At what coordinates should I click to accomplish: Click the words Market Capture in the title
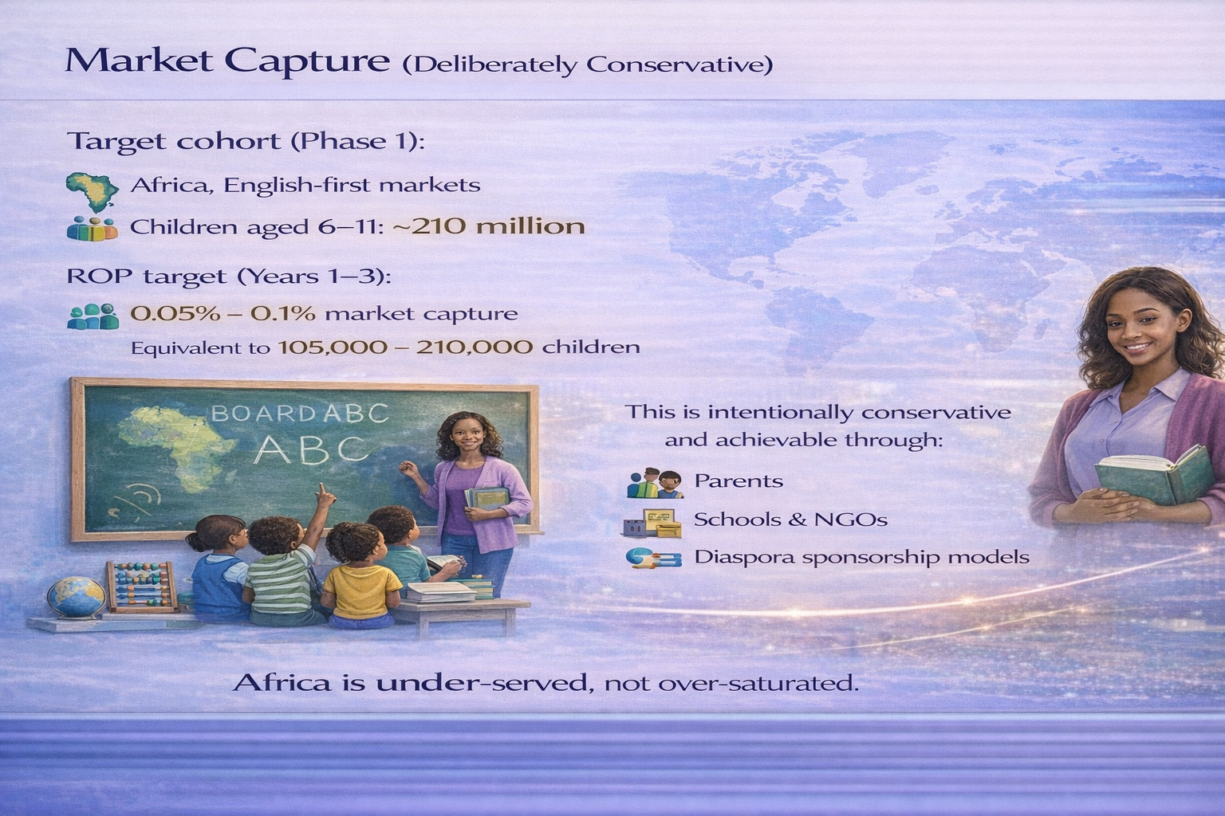(x=227, y=61)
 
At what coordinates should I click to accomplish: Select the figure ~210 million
(x=489, y=226)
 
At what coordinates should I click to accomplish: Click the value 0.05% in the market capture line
(x=175, y=313)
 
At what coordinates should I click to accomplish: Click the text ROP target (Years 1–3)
(x=230, y=277)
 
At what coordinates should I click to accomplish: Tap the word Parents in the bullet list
(x=739, y=481)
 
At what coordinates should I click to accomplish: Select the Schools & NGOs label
(x=790, y=520)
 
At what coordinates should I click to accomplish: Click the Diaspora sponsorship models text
(x=861, y=557)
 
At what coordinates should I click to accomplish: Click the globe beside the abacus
(x=76, y=598)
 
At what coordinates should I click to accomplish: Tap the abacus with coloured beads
(x=141, y=586)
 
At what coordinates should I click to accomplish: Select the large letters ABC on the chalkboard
(x=312, y=449)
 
